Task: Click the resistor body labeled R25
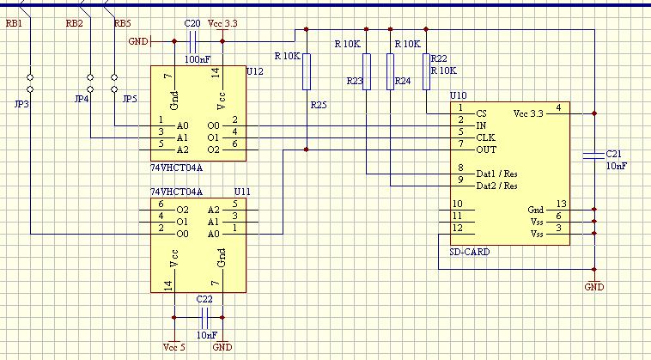point(307,71)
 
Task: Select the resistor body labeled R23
point(366,71)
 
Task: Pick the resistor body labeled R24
point(390,71)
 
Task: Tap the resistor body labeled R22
point(426,71)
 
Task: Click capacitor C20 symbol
point(192,41)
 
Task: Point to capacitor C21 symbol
point(594,156)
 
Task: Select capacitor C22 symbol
point(204,318)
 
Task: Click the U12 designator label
point(254,71)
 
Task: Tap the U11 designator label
point(242,192)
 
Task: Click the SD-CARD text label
point(470,252)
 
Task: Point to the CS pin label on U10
point(481,113)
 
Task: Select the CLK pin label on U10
point(485,137)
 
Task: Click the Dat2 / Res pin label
point(496,186)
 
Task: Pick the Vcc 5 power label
point(174,347)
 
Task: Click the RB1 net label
point(14,23)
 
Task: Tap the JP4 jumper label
point(82,99)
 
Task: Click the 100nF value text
point(198,59)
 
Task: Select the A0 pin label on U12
point(183,125)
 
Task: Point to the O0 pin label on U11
point(183,235)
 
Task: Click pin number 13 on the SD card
point(562,204)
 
